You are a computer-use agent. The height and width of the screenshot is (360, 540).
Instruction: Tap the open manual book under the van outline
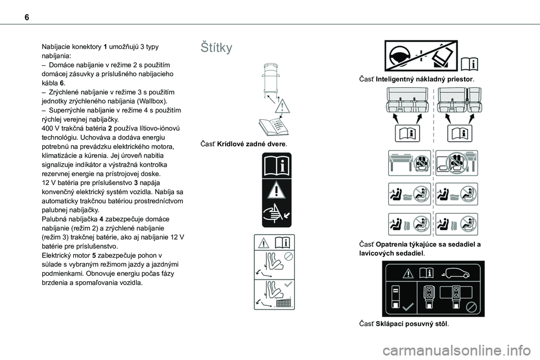275,127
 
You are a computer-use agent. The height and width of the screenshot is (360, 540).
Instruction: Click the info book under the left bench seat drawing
406,133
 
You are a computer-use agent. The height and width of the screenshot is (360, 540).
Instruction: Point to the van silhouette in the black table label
461,274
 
